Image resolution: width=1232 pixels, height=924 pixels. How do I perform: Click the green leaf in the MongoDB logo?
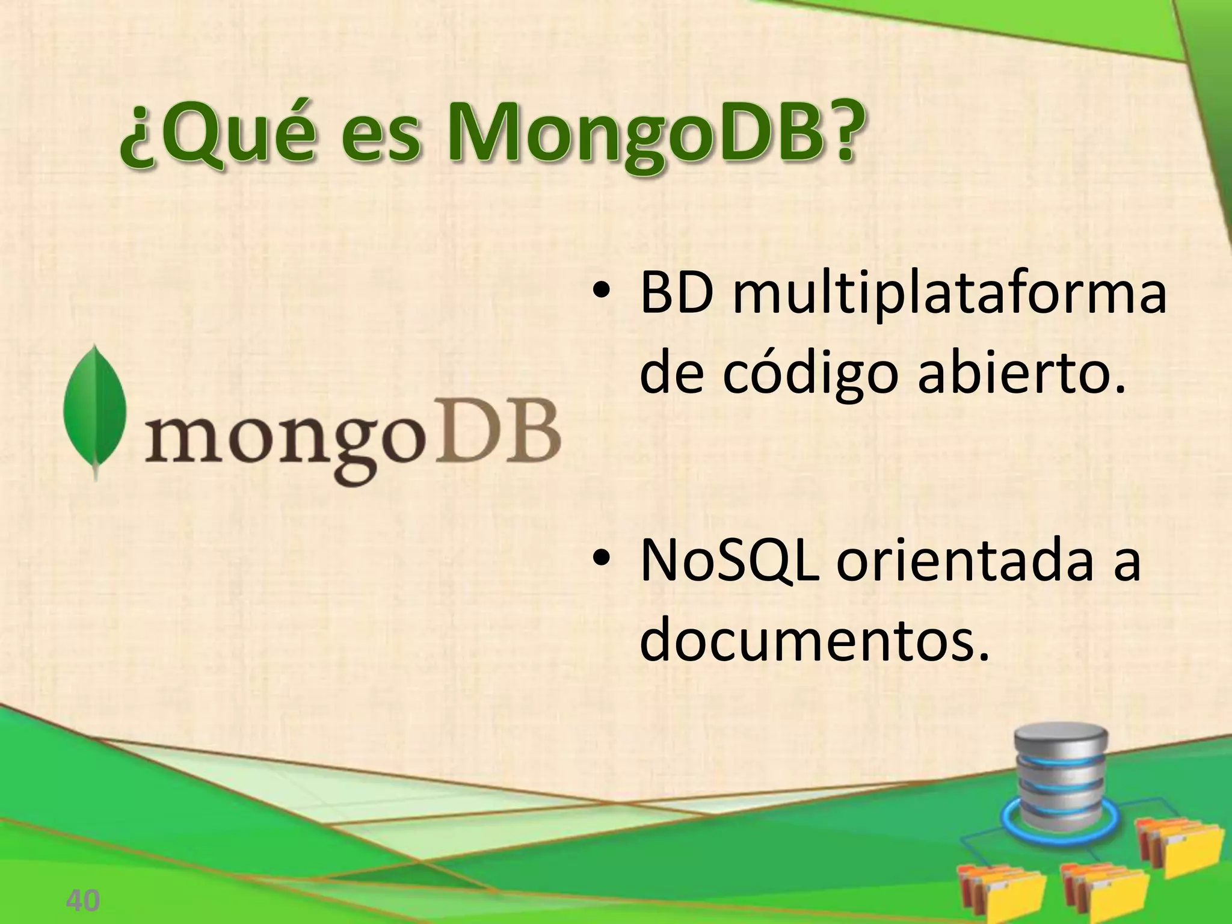(95, 410)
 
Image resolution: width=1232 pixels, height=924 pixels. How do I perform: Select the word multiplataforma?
(949, 296)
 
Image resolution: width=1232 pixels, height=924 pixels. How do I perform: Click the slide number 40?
(82, 901)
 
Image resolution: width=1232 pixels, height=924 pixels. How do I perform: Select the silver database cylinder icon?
(1060, 776)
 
